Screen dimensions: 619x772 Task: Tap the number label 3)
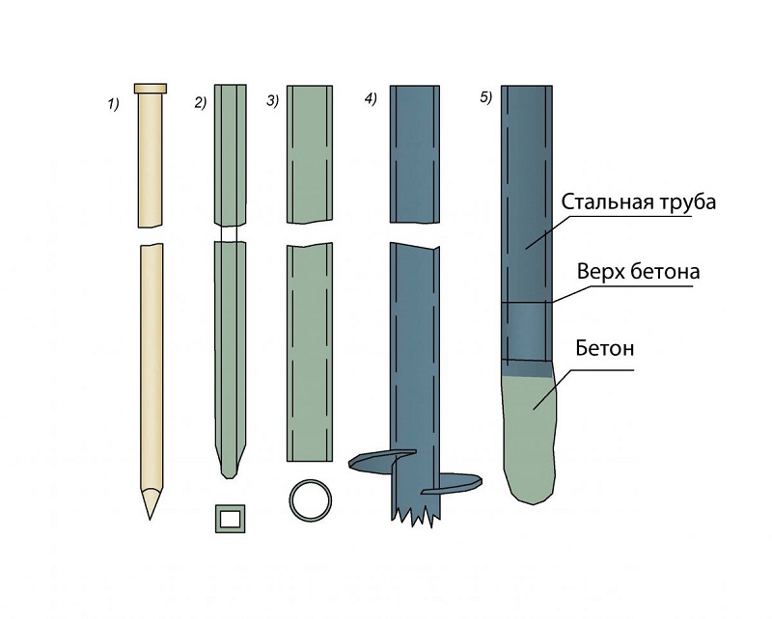click(x=273, y=101)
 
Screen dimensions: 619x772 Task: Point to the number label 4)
click(x=372, y=101)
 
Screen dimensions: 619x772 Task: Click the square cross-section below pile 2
click(x=230, y=520)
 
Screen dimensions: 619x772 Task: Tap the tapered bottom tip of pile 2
click(x=228, y=465)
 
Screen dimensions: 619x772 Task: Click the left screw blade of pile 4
click(x=371, y=461)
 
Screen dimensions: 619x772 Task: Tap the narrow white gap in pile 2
click(x=229, y=234)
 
